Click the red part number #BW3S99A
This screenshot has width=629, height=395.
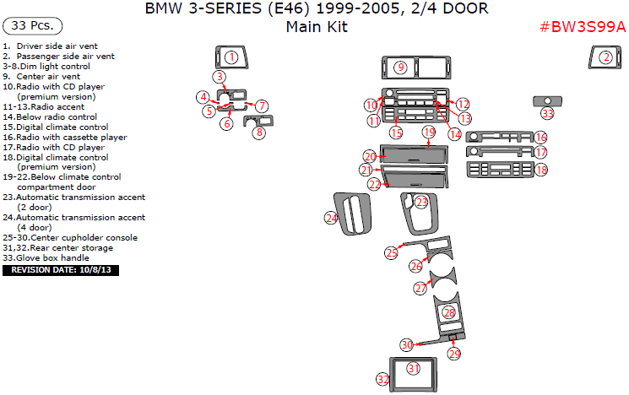[582, 26]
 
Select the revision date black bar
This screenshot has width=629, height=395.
[62, 271]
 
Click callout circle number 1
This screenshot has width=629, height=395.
[230, 57]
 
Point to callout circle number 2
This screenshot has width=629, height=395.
[605, 57]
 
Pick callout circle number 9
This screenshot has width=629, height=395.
[401, 67]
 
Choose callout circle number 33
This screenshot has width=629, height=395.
[547, 113]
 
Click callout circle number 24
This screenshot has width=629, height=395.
[331, 218]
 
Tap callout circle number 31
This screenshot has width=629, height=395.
[413, 368]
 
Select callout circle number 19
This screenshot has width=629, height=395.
[429, 133]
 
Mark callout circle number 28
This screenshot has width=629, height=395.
[449, 312]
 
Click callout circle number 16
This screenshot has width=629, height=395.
[540, 137]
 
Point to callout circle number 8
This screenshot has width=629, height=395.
[260, 132]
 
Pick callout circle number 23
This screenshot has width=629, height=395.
[421, 202]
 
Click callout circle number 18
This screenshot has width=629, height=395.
[540, 170]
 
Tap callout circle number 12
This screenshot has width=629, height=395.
[463, 103]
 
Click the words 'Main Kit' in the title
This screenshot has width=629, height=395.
[316, 26]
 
